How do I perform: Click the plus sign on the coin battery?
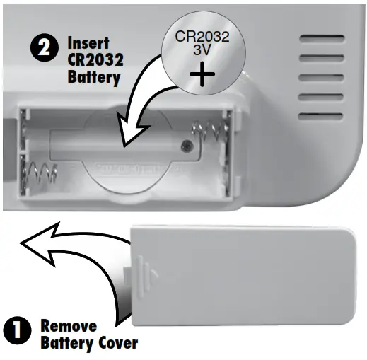point(203,74)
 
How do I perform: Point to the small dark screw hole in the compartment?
point(187,146)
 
